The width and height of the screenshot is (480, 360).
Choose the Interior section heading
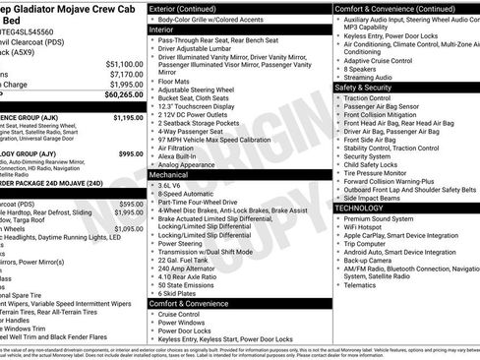pos(167,30)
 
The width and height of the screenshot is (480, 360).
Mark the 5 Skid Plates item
pos(181,292)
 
